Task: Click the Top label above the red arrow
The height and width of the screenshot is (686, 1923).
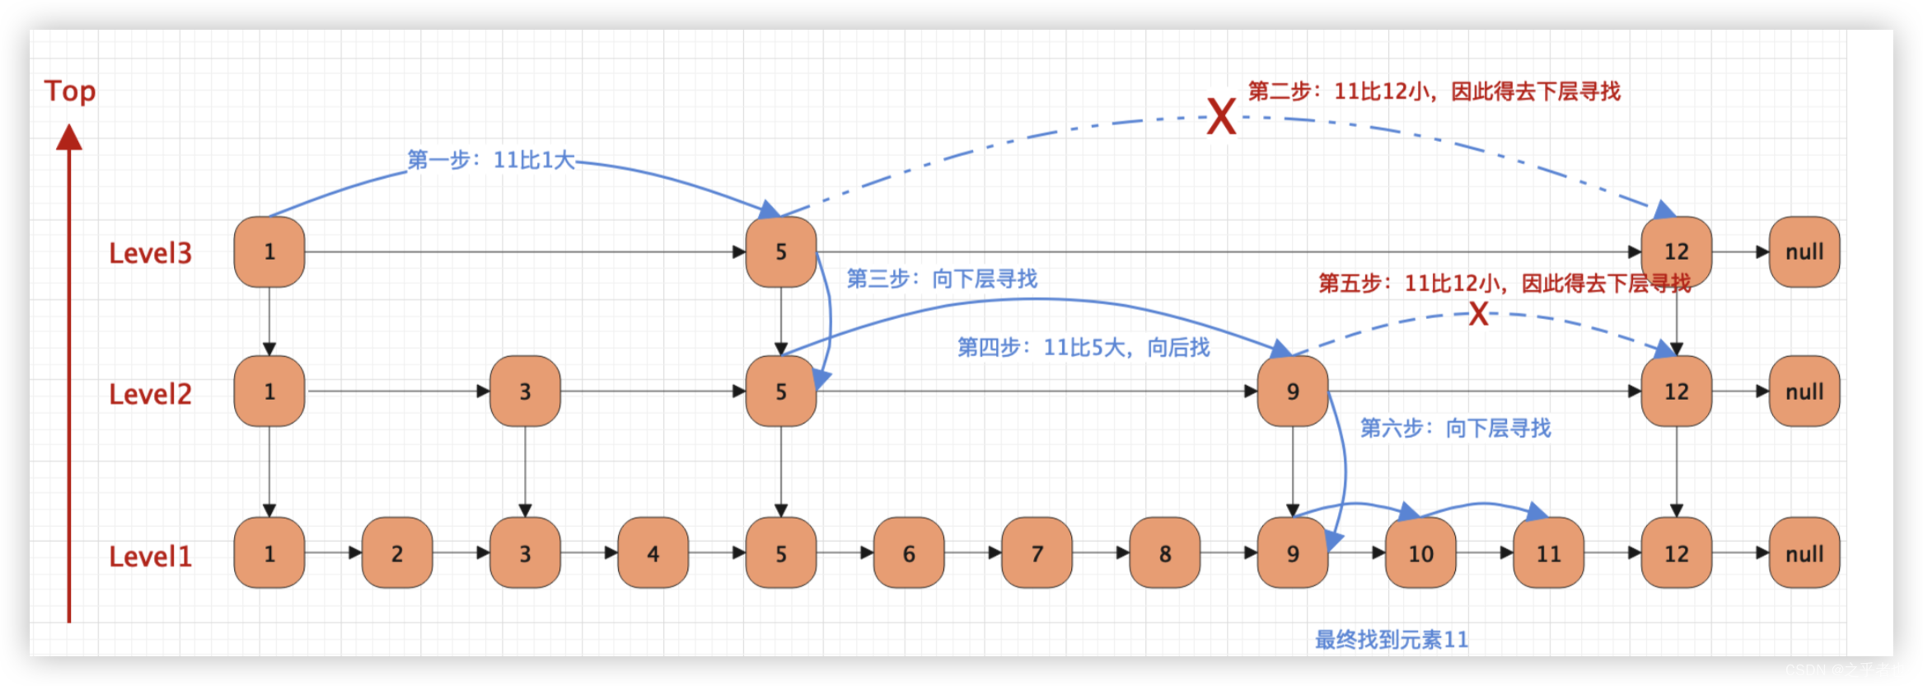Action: [70, 91]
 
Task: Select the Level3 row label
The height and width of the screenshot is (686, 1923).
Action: [150, 253]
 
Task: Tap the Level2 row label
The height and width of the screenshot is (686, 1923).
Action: [150, 394]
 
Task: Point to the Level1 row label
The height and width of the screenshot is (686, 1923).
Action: [150, 557]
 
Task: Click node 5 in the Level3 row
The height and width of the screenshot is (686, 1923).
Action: [781, 252]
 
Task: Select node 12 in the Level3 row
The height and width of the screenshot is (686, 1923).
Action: [1676, 252]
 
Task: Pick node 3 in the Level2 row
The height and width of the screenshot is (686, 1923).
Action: [525, 392]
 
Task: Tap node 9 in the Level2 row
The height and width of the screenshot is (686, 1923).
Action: [1292, 392]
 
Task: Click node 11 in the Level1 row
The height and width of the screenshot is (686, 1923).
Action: [1548, 553]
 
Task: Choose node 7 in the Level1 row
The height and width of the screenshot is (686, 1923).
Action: [1036, 553]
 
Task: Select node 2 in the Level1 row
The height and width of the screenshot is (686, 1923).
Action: [397, 553]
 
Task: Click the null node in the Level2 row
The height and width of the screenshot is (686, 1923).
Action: [1804, 392]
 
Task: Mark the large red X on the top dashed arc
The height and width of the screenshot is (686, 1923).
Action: [1221, 116]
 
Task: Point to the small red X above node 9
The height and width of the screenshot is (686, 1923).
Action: [1478, 314]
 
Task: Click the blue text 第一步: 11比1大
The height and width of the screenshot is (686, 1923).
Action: [491, 160]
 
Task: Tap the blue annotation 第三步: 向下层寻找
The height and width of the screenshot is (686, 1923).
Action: [942, 279]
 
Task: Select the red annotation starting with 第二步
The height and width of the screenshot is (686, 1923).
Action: [1434, 92]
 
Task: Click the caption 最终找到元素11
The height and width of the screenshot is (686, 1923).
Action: [1391, 640]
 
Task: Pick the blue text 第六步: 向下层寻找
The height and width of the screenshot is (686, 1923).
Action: [1455, 428]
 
